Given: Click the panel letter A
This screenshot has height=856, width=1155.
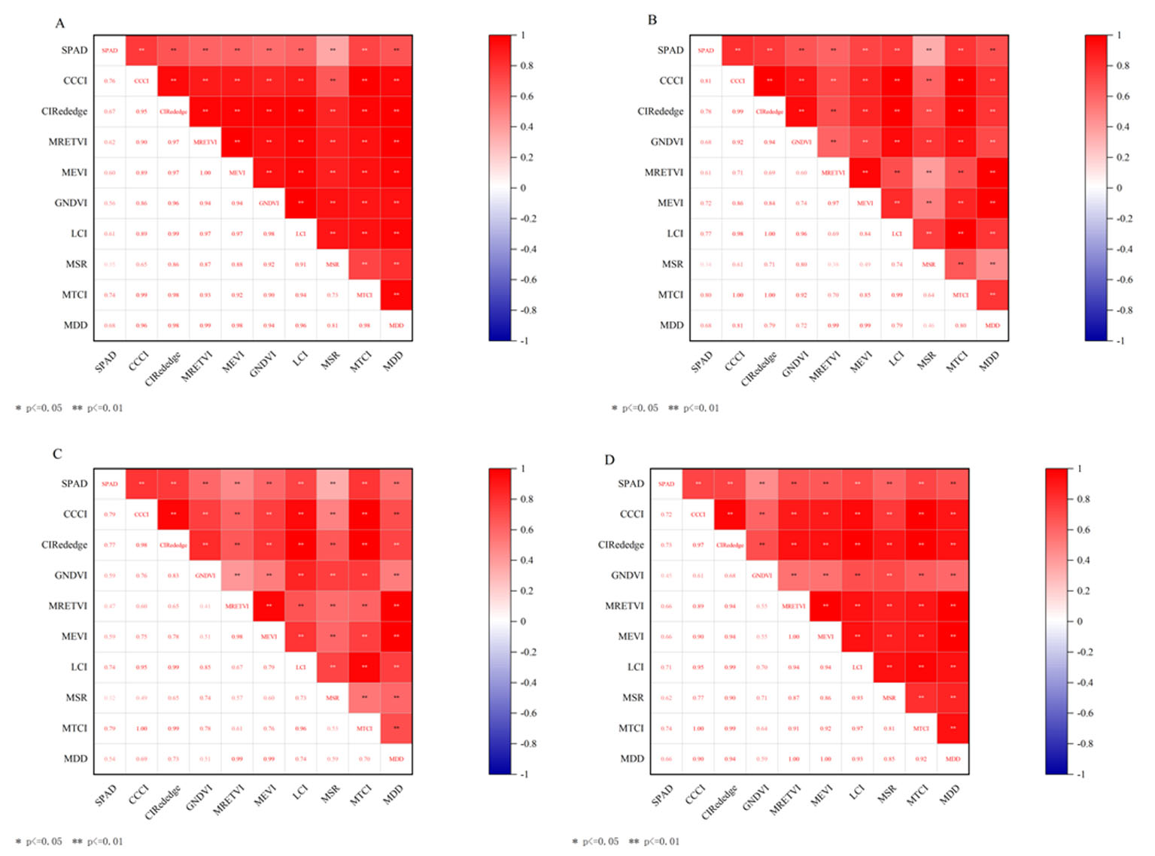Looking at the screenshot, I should click(59, 23).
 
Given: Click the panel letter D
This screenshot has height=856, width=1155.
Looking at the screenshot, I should click(609, 460).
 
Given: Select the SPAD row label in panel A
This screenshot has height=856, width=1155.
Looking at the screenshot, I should click(74, 50).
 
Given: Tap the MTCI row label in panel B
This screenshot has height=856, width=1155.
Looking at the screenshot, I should click(670, 295).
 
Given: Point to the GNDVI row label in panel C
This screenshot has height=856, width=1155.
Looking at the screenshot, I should click(71, 575).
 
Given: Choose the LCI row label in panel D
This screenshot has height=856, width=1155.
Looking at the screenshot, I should click(635, 667).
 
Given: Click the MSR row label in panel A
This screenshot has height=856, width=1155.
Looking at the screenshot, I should click(76, 264).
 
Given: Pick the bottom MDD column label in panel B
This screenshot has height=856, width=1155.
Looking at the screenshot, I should click(989, 361).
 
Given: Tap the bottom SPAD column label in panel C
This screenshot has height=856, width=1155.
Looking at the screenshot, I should click(105, 795).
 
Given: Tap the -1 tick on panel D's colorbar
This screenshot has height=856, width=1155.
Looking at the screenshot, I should click(1081, 774).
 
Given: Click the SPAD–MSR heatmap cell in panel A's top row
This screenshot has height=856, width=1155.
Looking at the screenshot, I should click(333, 50).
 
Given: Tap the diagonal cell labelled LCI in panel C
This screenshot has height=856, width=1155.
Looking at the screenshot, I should click(301, 667).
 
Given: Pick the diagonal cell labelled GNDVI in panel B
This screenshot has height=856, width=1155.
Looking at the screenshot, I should click(801, 141).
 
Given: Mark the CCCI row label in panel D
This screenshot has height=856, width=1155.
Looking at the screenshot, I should click(631, 515).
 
